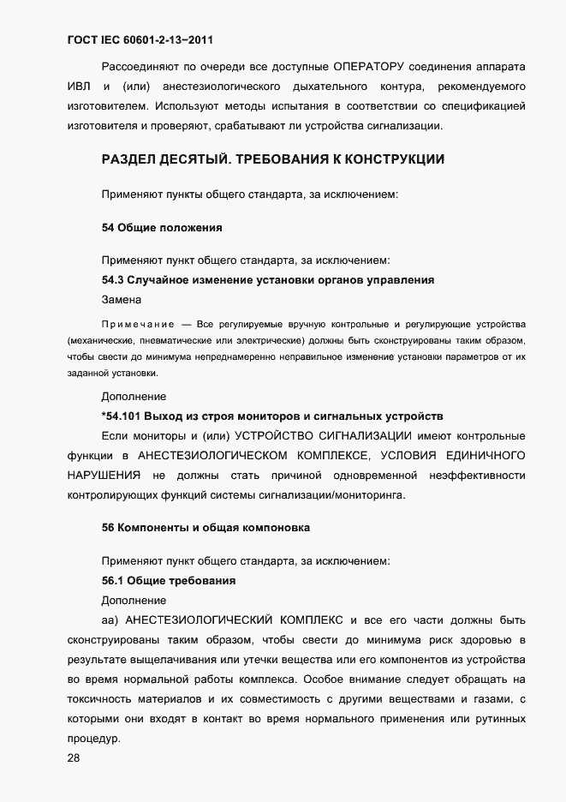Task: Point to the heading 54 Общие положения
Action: tap(162, 227)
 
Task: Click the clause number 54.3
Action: tap(115, 280)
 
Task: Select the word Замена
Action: tap(123, 300)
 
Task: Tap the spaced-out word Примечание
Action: tap(137, 325)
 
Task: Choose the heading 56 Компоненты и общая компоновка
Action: tap(206, 526)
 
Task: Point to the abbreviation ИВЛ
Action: tap(77, 87)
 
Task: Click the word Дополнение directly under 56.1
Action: tap(134, 601)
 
